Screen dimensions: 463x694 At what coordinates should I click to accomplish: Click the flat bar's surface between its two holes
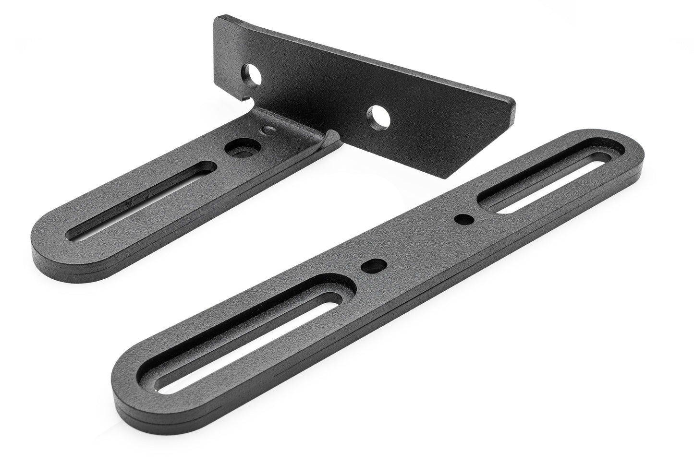[x=418, y=242]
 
